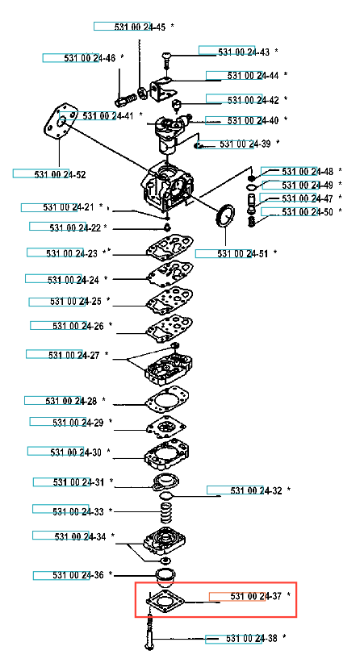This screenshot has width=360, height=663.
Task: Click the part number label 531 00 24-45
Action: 140,27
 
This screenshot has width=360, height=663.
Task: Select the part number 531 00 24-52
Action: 60,174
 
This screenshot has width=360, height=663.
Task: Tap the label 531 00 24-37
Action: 256,596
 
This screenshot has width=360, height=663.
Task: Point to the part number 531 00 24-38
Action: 252,638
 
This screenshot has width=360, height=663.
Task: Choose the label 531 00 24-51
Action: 242,254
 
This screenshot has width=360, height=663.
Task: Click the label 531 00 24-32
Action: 256,490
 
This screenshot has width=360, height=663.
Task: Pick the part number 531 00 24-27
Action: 74,355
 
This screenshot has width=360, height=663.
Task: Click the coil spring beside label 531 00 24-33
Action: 168,511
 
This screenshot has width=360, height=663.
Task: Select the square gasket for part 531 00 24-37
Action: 165,598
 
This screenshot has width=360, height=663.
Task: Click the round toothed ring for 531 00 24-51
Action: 225,215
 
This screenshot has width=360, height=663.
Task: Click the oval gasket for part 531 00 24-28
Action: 167,400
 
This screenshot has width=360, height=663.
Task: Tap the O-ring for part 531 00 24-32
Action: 167,495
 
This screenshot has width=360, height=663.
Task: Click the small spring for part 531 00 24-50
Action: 252,221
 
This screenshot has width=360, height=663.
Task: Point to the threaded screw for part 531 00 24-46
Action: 126,100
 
